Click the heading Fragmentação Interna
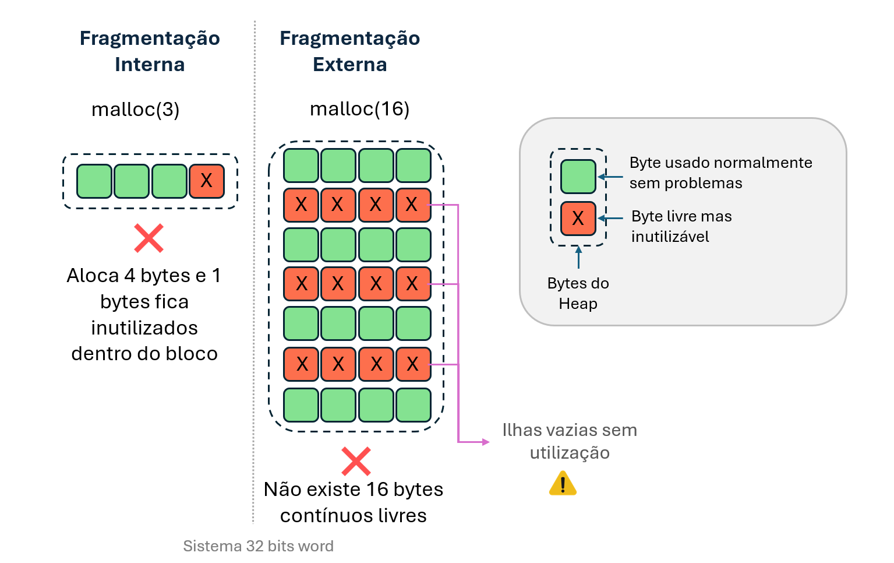click(x=150, y=51)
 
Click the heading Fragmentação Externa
click(x=349, y=51)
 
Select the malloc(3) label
click(x=136, y=110)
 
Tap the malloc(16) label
click(x=359, y=109)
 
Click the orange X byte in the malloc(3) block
click(x=207, y=181)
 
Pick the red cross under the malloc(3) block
click(x=149, y=238)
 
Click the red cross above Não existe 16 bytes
click(x=356, y=462)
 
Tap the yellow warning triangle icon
click(x=563, y=484)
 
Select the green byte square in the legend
click(x=578, y=177)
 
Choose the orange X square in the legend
click(x=578, y=219)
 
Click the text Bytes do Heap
click(x=578, y=293)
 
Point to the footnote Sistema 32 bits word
click(x=258, y=546)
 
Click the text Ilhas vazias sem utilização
click(x=570, y=441)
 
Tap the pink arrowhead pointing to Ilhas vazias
click(x=486, y=442)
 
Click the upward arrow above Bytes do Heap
click(x=578, y=256)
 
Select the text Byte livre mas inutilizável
click(x=681, y=226)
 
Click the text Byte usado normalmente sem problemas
click(x=720, y=173)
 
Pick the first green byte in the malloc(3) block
click(x=94, y=181)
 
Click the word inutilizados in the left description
click(x=144, y=328)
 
